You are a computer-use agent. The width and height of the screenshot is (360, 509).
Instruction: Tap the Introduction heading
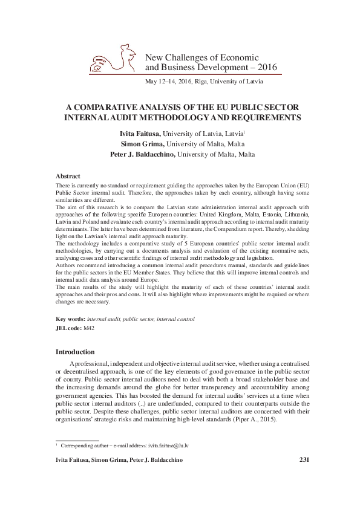[75, 352]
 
